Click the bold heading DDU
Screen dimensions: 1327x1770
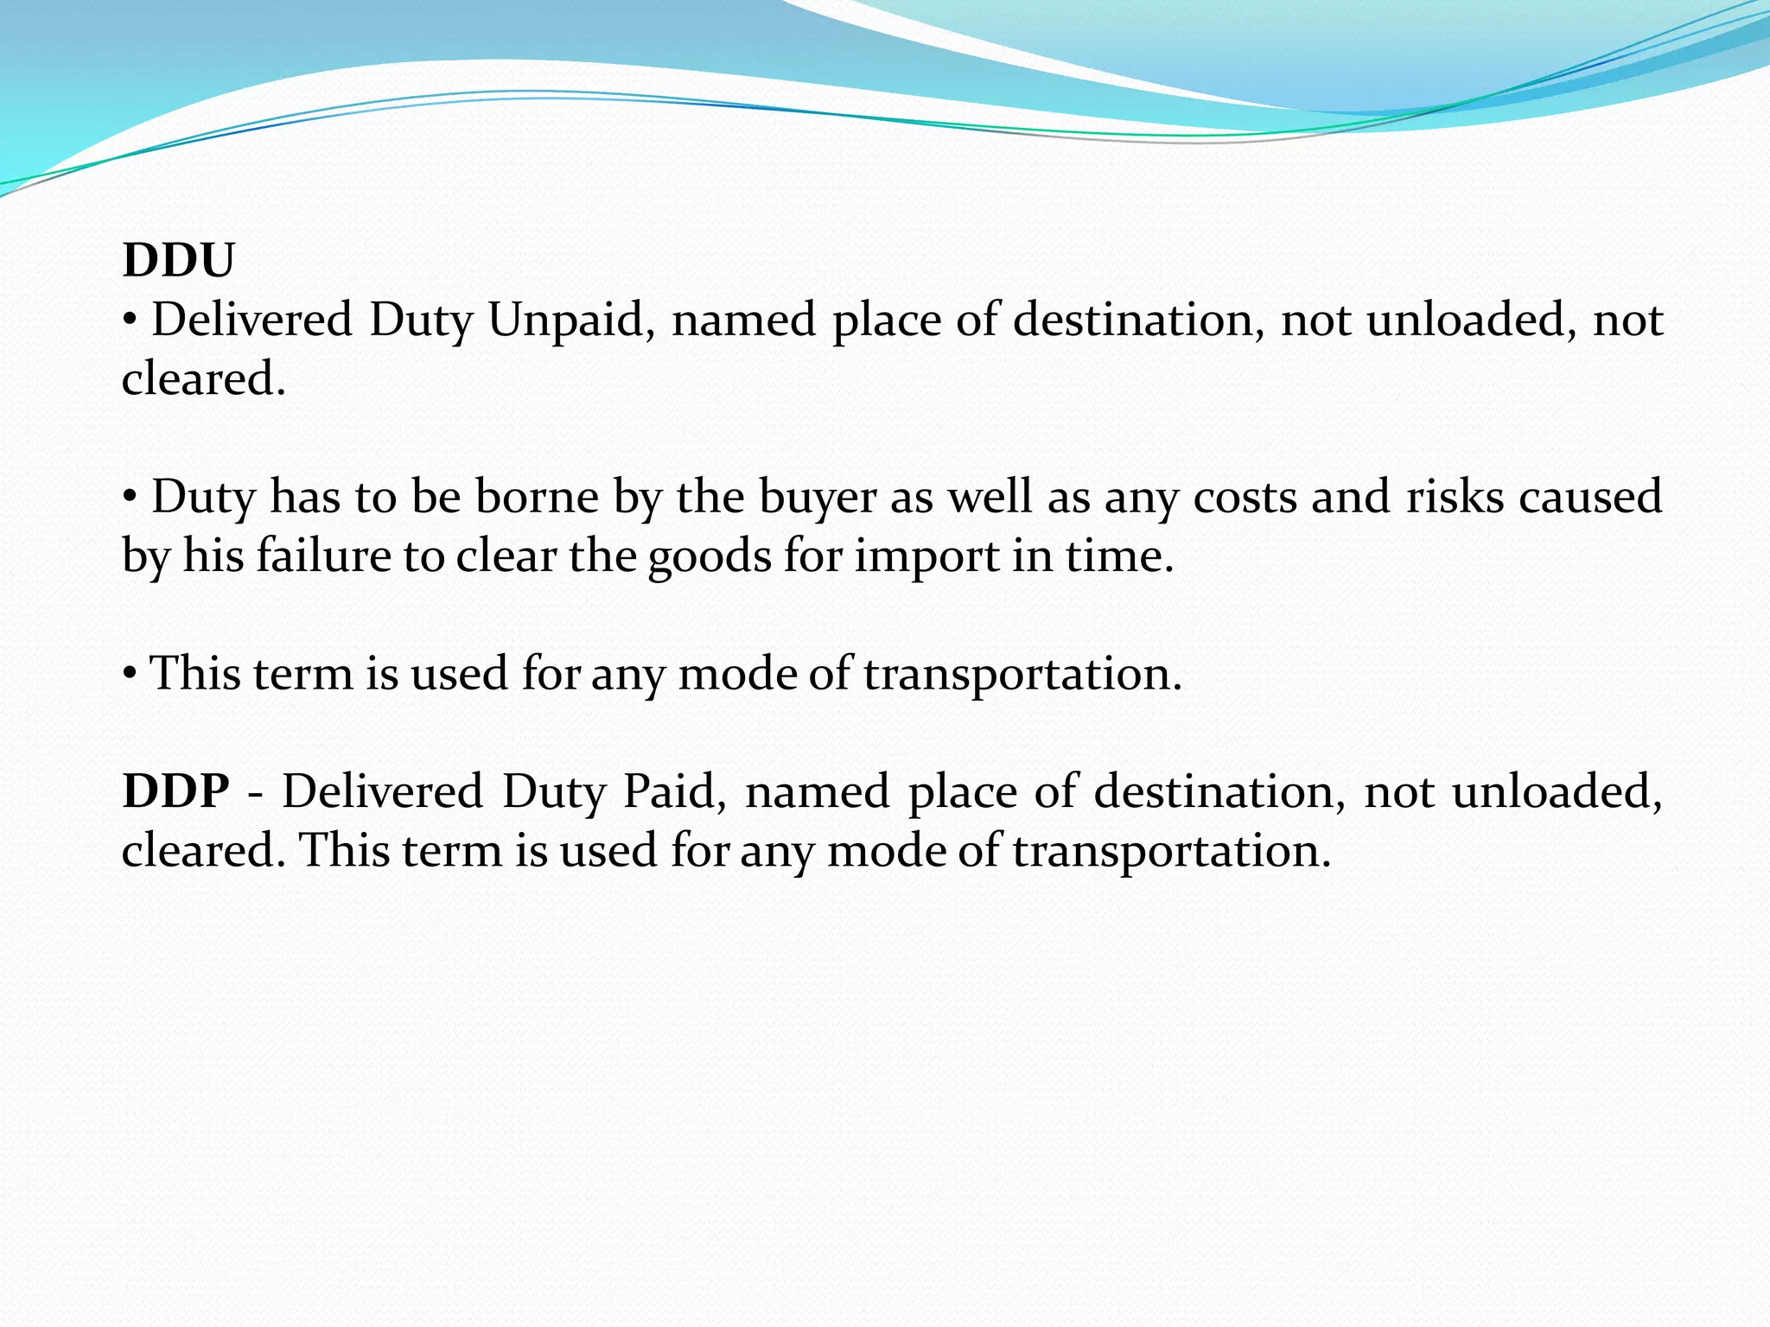click(178, 260)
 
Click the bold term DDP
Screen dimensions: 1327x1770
click(176, 791)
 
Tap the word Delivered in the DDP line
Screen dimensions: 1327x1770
click(382, 791)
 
